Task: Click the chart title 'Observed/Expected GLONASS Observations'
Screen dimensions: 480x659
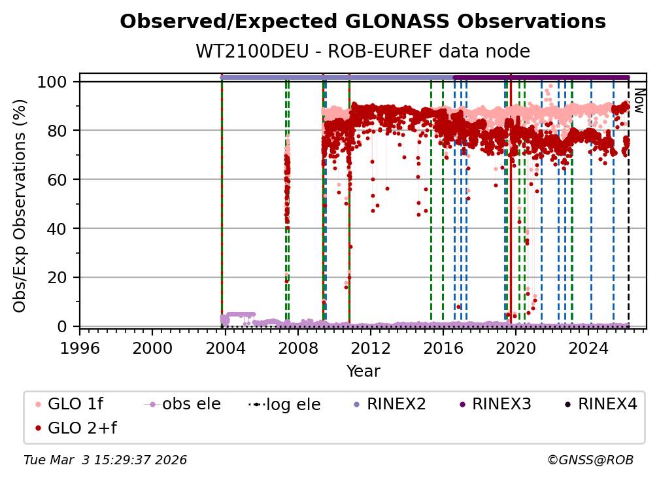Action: coord(363,22)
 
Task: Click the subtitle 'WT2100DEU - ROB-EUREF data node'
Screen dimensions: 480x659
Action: coord(363,52)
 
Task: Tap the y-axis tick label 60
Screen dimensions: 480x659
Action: coord(60,179)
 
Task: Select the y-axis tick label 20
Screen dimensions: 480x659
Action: coord(60,277)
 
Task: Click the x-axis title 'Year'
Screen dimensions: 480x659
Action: coord(363,371)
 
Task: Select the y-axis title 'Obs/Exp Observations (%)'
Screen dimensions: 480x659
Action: coord(20,205)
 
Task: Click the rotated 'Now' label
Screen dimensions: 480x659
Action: coord(639,101)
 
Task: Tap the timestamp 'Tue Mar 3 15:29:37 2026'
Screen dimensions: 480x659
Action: coord(105,460)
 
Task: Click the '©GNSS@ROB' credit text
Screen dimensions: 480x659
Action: coord(590,460)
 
